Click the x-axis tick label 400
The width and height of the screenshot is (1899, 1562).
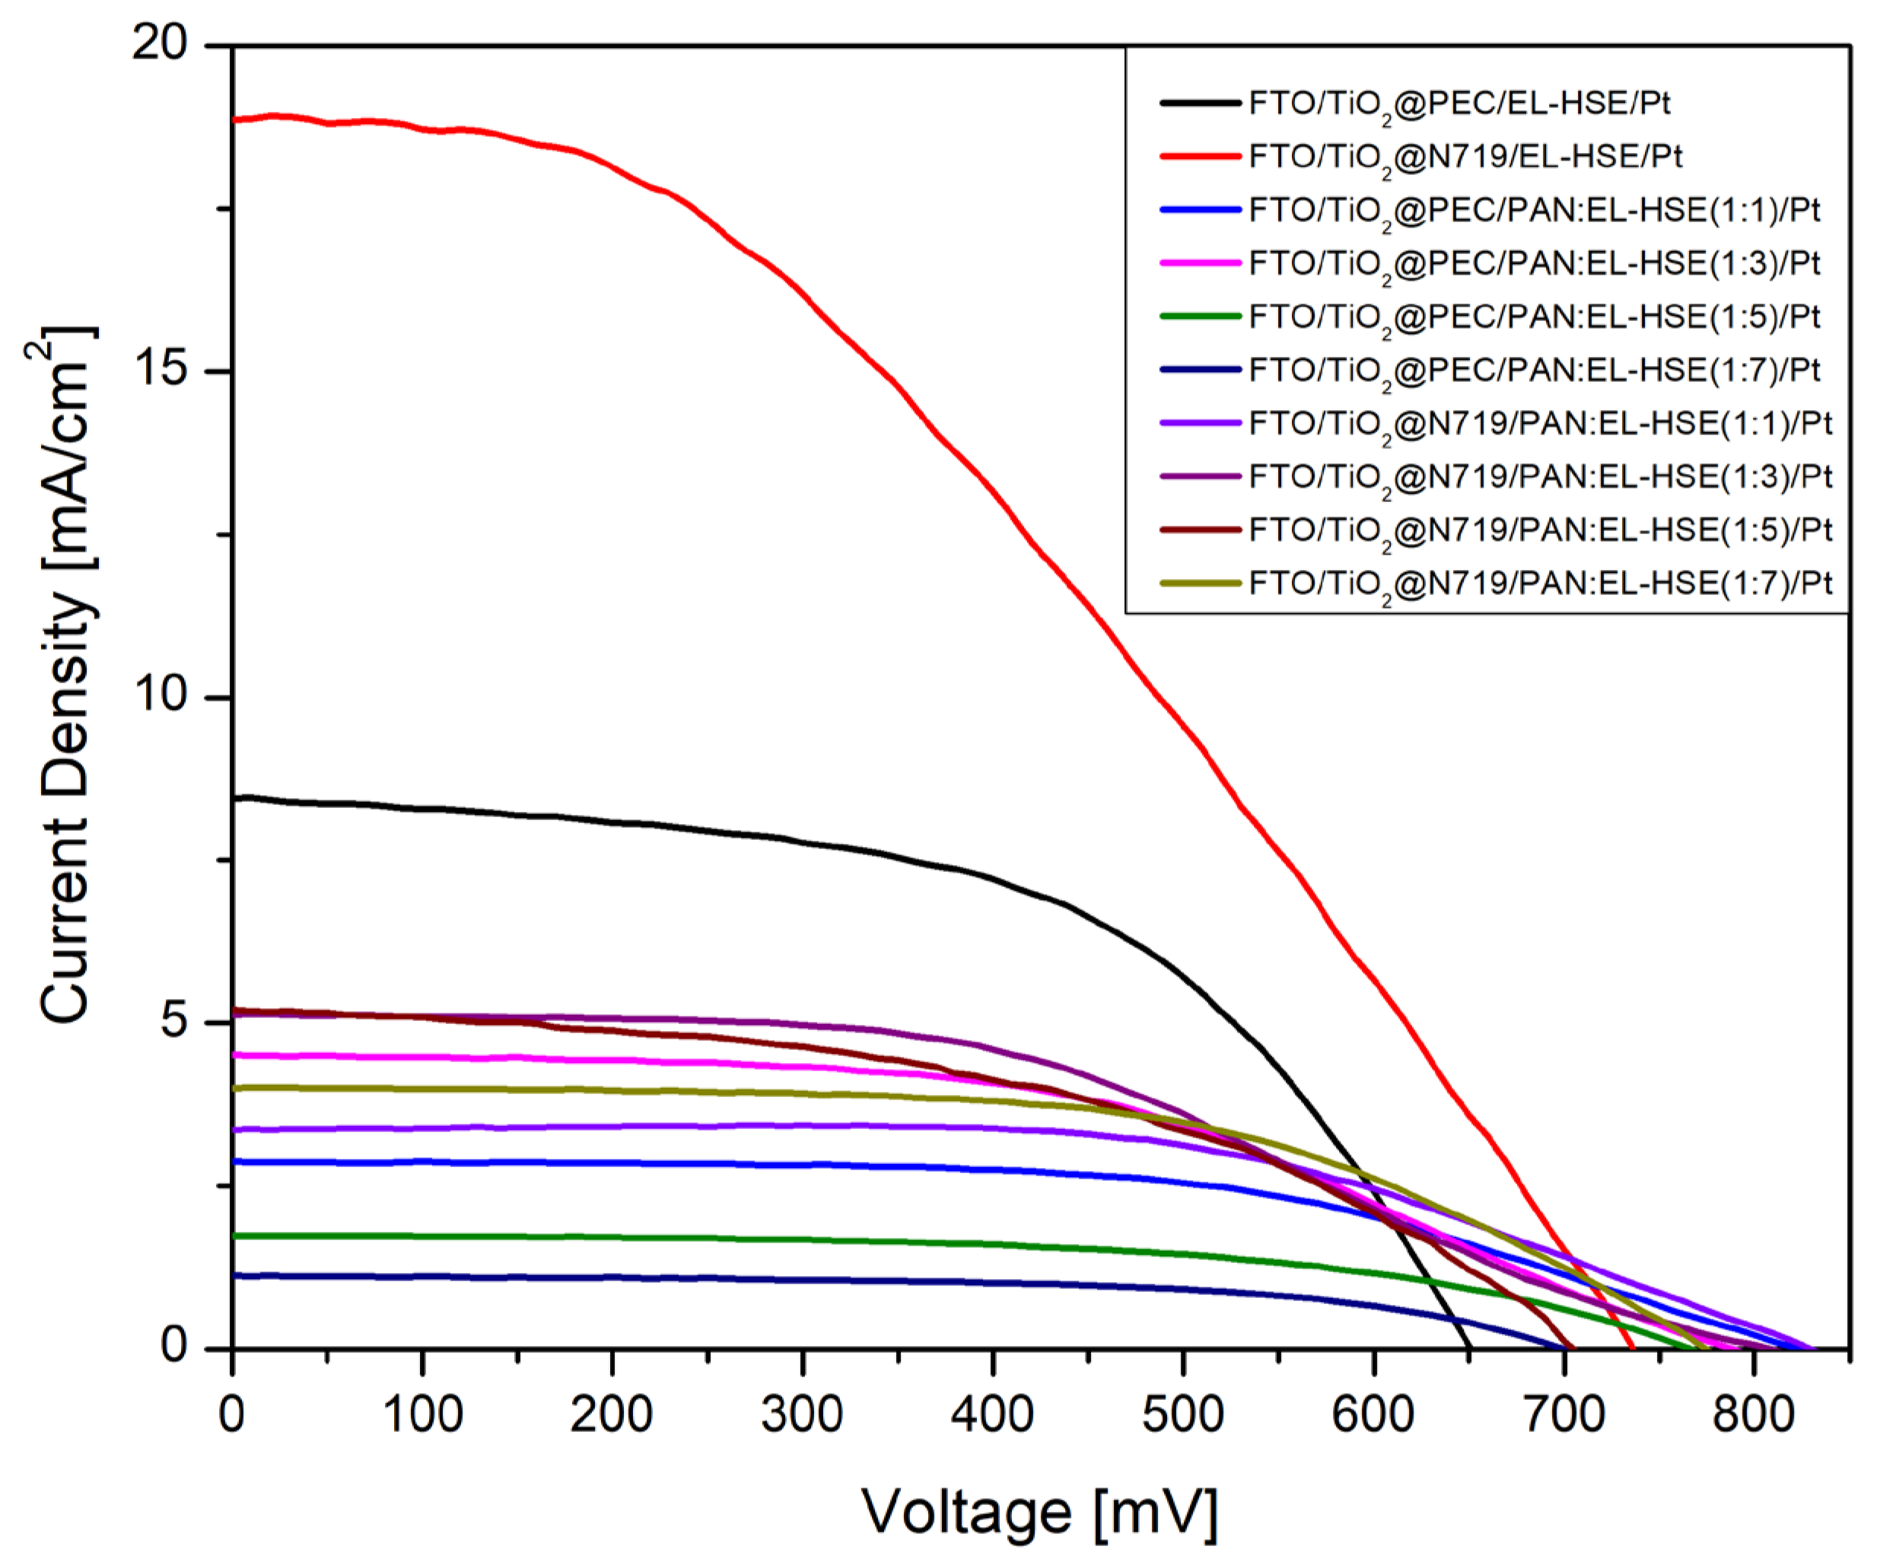point(992,1415)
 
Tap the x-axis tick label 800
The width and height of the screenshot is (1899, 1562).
point(1753,1415)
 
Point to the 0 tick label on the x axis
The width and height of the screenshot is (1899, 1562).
point(232,1415)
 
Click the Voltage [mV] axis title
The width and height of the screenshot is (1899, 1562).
point(1040,1512)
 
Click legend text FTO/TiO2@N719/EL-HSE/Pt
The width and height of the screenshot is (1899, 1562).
point(1465,157)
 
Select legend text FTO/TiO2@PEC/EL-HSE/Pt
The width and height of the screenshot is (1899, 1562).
point(1459,103)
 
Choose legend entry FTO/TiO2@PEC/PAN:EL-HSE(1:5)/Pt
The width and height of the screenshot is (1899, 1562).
point(1535,317)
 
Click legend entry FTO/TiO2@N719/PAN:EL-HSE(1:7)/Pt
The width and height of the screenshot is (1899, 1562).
point(1540,583)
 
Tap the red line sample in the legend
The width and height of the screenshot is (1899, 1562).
point(1200,157)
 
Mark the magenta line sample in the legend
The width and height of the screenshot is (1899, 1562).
point(1200,262)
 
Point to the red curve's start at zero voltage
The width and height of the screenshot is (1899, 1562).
point(234,119)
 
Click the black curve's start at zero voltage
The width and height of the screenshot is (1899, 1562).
point(234,798)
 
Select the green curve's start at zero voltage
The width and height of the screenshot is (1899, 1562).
point(234,1236)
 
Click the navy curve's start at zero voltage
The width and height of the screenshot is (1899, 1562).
point(234,1276)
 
